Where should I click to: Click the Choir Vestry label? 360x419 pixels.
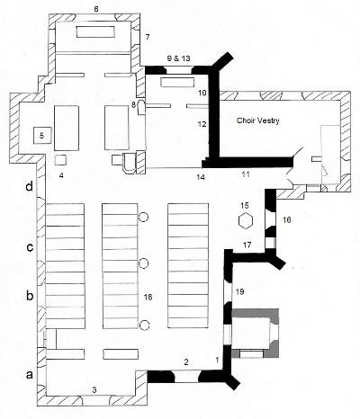[258, 120]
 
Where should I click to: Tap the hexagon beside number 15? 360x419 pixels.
[246, 221]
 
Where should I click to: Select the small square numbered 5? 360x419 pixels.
[42, 136]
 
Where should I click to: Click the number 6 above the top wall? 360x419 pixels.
[96, 9]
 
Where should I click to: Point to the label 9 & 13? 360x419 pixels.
[178, 58]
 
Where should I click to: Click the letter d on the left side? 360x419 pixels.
[29, 187]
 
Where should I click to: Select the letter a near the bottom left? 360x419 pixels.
[30, 375]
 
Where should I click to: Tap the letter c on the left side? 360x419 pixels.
[30, 248]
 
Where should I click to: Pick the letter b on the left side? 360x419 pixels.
[30, 296]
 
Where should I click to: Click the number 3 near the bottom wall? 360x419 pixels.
[94, 390]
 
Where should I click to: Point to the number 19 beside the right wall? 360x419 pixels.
[240, 291]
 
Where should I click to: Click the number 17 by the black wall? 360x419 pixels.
[247, 245]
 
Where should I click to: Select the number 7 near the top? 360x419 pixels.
[147, 37]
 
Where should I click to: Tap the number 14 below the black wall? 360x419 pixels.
[201, 177]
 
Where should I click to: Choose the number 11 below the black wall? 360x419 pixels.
[246, 174]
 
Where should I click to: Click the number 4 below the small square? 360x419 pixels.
[61, 175]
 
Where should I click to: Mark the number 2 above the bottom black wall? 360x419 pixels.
[186, 362]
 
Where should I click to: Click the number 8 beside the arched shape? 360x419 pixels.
[133, 104]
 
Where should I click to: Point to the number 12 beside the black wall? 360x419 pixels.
[202, 123]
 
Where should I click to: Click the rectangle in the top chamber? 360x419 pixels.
[95, 31]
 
